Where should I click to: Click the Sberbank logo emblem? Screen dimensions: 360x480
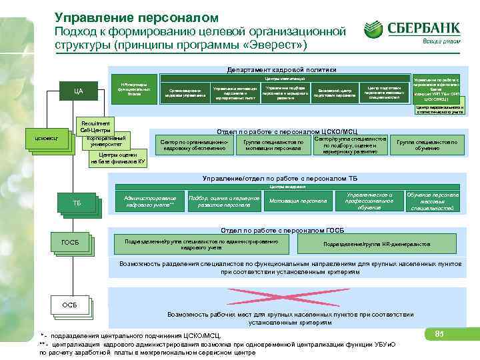[x=374, y=29]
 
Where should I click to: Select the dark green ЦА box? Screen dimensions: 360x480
[x=78, y=91]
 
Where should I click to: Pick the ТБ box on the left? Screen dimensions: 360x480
[x=77, y=202]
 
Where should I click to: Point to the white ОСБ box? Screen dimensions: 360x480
[x=70, y=305]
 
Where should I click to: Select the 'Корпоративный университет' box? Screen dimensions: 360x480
[x=105, y=140]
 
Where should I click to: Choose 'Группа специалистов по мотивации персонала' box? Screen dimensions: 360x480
[x=273, y=145]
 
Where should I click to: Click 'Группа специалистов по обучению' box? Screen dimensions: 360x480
[x=427, y=145]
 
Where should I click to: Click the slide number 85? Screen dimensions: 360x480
[x=439, y=333]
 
